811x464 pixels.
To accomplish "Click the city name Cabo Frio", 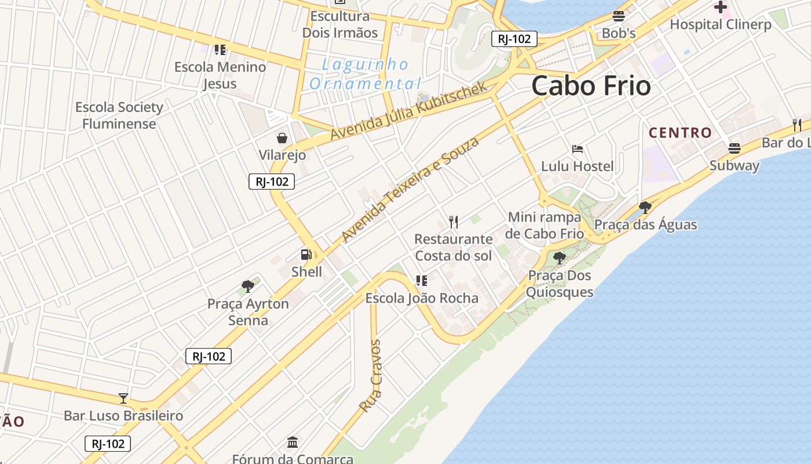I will pos(591,86).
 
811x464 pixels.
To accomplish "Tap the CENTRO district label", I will pos(680,133).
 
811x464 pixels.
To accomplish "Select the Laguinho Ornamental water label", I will pos(366,74).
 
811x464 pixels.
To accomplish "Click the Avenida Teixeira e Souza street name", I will pos(411,190).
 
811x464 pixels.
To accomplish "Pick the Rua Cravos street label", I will pos(370,376).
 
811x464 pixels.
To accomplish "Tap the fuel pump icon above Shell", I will pos(306,254).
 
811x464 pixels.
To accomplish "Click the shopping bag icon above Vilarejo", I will pos(282,137).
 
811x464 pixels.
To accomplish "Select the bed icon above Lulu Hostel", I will pos(577,149).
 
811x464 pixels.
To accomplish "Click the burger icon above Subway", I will pos(735,148).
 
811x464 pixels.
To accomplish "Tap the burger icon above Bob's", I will pos(619,16).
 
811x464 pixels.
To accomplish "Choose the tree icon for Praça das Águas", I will pos(645,207).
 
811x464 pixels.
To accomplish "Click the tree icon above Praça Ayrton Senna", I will pos(248,286).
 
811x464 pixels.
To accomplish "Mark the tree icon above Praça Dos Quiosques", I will pos(559,258).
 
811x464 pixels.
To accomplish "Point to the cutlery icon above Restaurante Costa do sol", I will pos(454,222).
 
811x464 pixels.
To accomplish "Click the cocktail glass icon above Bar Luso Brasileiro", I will pos(123,398).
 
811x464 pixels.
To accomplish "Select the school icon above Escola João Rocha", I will pos(422,281).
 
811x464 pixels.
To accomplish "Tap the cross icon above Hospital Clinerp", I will pos(721,7).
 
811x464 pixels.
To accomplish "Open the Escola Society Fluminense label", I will pos(119,115).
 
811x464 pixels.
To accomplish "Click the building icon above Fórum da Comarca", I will pos(293,442).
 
